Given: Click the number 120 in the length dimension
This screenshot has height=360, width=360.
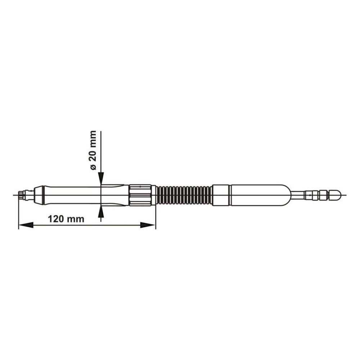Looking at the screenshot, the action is click(56, 219).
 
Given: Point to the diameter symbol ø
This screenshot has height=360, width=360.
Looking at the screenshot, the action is click(93, 167).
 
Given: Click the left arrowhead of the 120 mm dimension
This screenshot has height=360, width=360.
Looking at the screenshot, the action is click(26, 225).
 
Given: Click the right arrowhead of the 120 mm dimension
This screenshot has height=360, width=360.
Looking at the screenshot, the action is click(148, 225).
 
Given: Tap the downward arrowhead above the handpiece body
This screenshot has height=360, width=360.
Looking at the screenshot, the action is click(101, 178).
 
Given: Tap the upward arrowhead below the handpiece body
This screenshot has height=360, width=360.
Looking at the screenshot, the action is click(101, 211).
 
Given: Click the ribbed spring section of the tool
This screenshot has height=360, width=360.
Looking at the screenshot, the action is click(184, 195).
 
